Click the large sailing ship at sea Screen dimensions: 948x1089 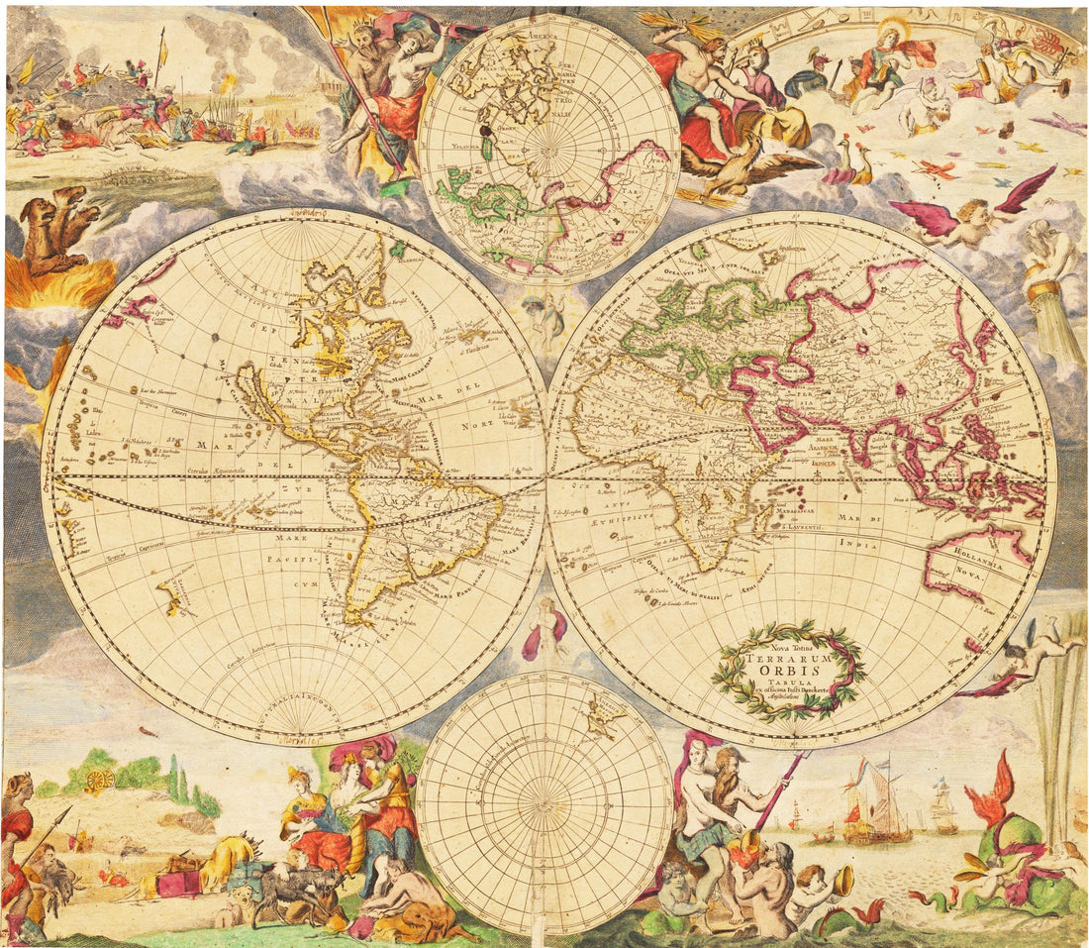coord(876,807)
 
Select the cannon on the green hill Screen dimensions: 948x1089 coord(100,780)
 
